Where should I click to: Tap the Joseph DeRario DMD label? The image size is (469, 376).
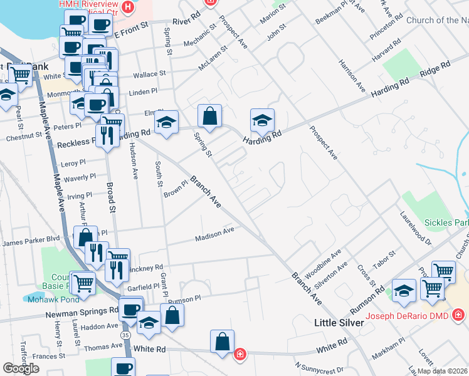point(407,315)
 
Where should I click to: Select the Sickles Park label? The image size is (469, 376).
point(446,223)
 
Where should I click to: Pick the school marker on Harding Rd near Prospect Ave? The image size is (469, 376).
point(263,120)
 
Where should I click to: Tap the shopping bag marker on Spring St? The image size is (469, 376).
point(209,115)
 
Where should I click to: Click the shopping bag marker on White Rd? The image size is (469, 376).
point(222,342)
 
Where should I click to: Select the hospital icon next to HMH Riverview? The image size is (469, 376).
point(129,8)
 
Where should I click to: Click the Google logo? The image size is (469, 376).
point(21,368)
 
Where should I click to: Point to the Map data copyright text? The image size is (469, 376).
point(441,371)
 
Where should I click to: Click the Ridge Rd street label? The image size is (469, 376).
point(435,68)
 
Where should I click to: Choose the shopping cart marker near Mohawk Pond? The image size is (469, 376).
point(83,283)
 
